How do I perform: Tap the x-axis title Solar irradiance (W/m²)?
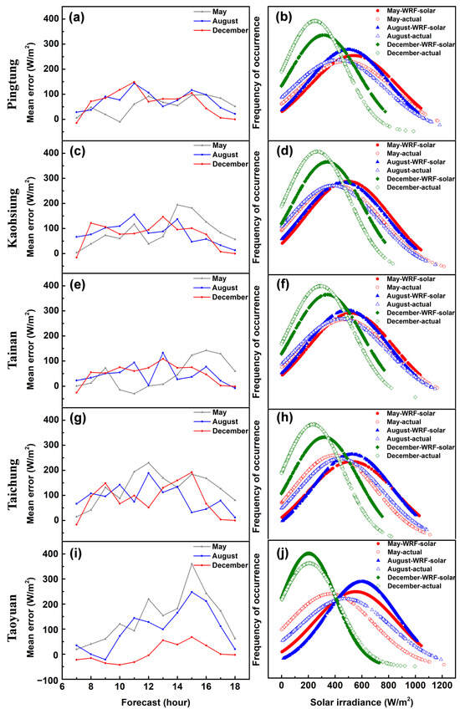(x=361, y=701)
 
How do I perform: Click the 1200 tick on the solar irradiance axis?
(x=442, y=685)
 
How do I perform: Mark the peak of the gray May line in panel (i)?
(x=192, y=564)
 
